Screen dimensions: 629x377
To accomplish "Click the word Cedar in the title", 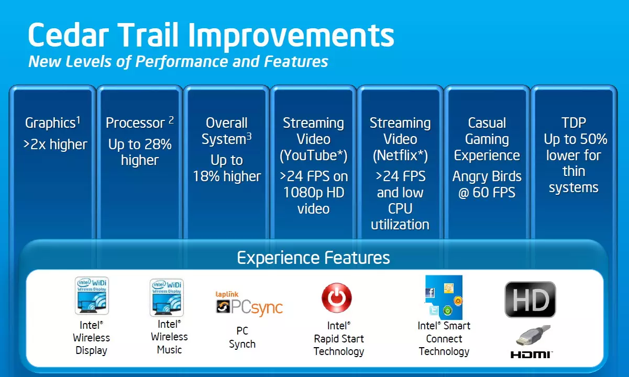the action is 68,35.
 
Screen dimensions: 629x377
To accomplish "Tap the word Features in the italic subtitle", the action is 296,61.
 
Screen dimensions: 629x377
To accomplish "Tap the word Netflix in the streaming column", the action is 400,155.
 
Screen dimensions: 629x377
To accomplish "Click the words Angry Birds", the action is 487,176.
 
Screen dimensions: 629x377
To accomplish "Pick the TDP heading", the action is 573,123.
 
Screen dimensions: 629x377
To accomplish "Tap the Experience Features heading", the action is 313,258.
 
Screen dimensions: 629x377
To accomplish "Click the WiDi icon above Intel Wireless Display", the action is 92,295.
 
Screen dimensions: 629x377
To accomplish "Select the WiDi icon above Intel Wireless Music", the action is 167,297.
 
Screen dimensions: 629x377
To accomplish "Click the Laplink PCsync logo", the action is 249,304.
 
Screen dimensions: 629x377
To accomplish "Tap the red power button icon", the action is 337,297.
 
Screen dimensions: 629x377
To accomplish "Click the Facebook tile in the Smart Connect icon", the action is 430,293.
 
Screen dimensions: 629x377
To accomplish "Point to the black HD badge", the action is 530,300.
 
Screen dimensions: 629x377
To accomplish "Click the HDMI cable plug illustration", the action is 533,335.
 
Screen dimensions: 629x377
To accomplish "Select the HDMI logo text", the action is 531,354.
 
